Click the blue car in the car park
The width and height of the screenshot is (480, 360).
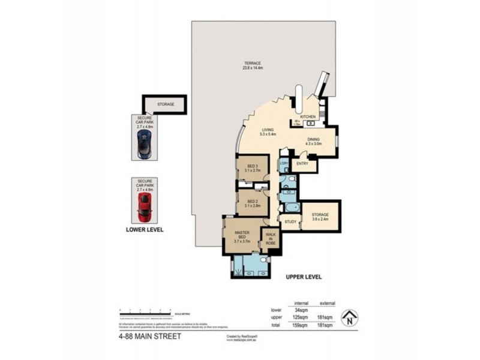point(144,145)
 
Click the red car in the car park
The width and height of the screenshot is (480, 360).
point(144,206)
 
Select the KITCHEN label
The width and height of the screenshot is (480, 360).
point(308,116)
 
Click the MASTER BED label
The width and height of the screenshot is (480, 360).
point(242,235)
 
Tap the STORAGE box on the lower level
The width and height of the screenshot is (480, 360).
point(166,104)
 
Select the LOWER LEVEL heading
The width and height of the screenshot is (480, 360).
point(145,229)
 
